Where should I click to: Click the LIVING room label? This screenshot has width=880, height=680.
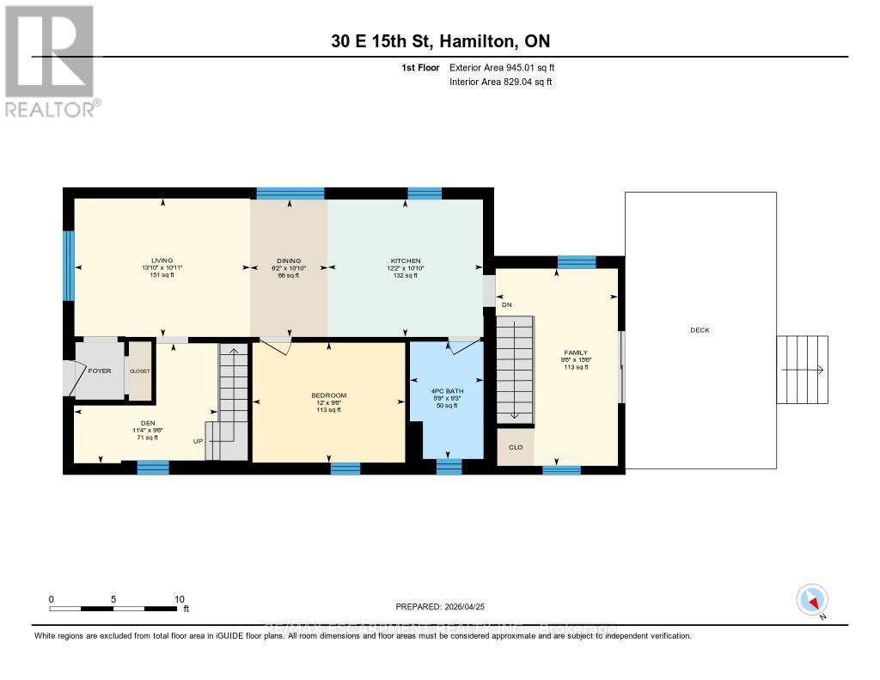point(162,260)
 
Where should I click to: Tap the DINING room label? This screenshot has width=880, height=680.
point(288,260)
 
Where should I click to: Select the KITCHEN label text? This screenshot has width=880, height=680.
point(404,260)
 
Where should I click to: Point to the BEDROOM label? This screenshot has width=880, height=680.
point(328,395)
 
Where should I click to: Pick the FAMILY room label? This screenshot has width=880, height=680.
point(576,352)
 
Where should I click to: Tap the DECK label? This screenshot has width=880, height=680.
point(700,330)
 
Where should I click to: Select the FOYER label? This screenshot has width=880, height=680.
point(100,371)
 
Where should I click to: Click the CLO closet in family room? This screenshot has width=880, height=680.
point(516,448)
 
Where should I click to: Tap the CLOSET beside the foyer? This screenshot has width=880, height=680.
point(139,371)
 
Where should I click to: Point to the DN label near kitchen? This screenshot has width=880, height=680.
point(507,305)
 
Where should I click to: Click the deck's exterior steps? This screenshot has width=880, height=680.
point(803,370)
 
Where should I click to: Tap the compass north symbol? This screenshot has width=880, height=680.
point(811,599)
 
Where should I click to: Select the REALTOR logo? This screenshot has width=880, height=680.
point(51,60)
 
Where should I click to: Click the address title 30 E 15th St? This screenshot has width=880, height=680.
point(439,41)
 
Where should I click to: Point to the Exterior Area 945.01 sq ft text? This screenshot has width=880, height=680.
point(508,67)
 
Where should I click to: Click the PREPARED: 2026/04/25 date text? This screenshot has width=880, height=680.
point(440,607)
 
